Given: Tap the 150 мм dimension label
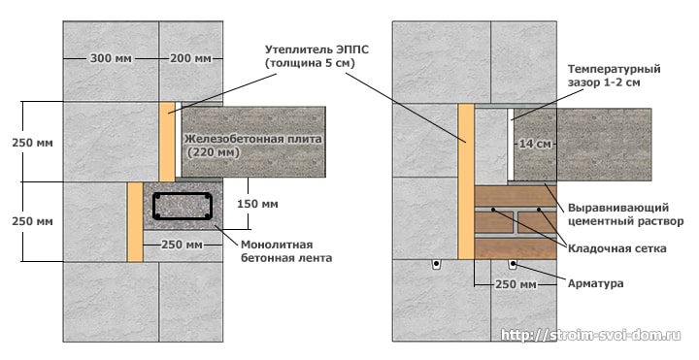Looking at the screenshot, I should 256,204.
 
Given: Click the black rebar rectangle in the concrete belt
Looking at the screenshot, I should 183,205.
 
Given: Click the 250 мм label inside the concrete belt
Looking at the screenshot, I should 183,244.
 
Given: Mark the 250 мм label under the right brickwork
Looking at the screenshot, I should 516,283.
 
